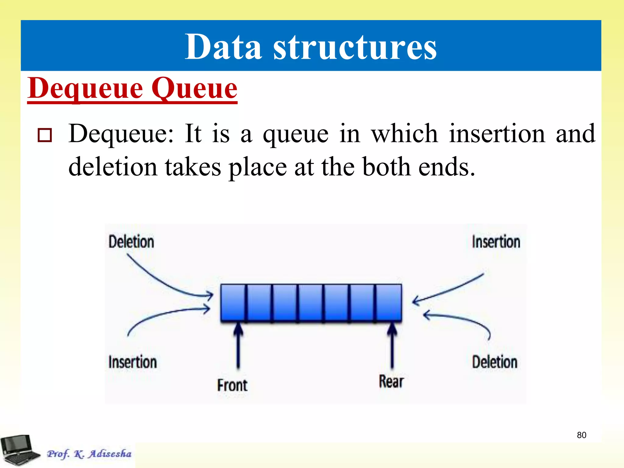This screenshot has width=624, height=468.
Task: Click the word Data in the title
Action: click(x=223, y=47)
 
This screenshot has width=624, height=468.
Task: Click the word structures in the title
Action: click(x=355, y=47)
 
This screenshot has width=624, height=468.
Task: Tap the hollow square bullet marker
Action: click(x=44, y=135)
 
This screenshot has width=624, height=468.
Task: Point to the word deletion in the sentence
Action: click(x=112, y=167)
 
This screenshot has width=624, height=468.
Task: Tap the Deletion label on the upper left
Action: click(x=131, y=242)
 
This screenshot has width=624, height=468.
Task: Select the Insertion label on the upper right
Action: click(x=496, y=242)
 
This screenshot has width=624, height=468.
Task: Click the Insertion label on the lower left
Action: click(x=133, y=362)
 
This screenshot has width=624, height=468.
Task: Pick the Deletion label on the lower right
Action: click(x=495, y=362)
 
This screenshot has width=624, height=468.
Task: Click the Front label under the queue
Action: click(x=232, y=385)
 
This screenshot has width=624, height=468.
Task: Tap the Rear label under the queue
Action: click(x=391, y=381)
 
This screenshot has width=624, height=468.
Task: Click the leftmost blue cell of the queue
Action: click(x=233, y=302)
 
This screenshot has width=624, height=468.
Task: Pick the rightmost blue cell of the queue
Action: click(x=389, y=302)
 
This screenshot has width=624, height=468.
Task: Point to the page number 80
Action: click(x=581, y=435)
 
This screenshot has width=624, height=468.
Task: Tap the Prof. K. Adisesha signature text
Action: click(x=89, y=454)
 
